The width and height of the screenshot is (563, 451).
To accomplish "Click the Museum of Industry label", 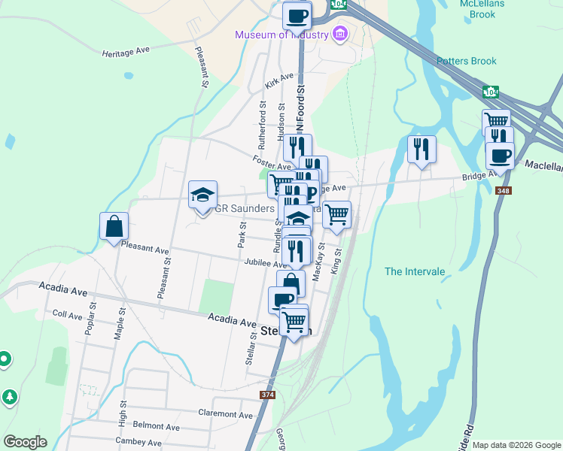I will pos(281,35).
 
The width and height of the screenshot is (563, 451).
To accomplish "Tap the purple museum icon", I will pos(339,34).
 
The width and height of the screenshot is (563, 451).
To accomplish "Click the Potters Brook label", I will pos(467,62).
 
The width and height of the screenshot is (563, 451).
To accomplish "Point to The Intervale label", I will pos(415,271).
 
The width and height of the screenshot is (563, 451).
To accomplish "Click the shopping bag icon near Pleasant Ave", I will pos(114,225).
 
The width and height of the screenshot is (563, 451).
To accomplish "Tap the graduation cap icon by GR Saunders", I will pos(202,194).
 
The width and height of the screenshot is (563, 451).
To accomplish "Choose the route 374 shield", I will pos(268,395).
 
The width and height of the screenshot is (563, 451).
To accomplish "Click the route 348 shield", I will pos(504,191).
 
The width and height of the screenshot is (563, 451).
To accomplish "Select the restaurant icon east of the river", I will pos(421,149).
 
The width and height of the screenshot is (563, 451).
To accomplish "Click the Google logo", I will pos(25,442).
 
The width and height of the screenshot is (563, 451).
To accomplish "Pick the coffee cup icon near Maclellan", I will pos(500,156).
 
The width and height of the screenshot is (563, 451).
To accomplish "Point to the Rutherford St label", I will pos(263,125).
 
